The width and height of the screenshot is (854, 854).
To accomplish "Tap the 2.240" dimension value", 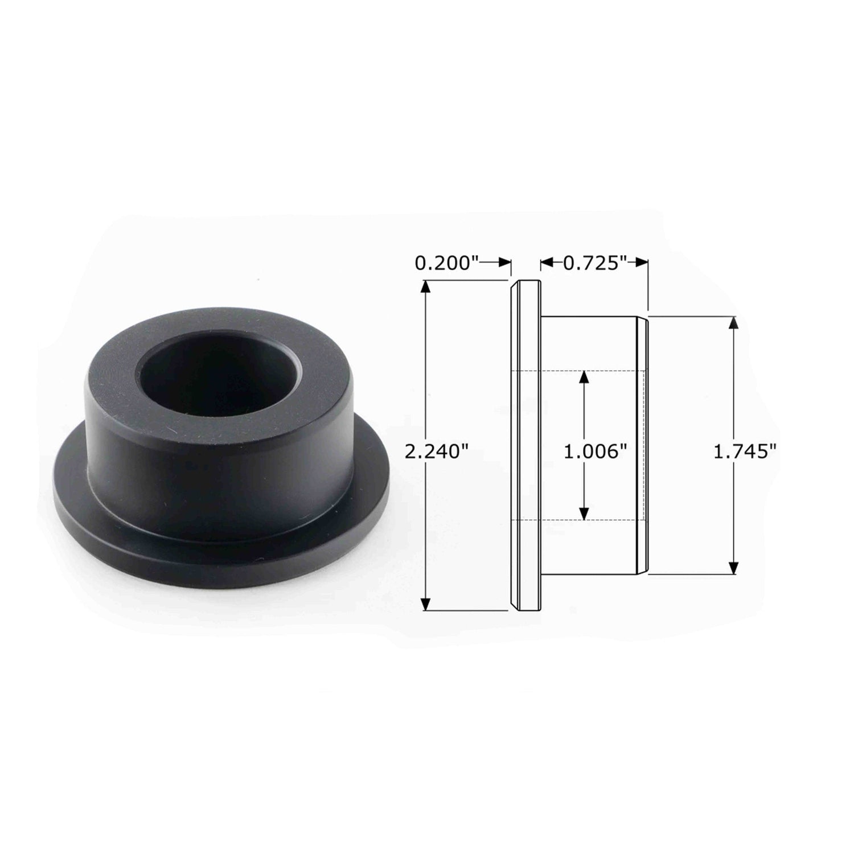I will pyautogui.click(x=436, y=452).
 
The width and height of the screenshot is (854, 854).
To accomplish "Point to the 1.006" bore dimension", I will pyautogui.click(x=595, y=452).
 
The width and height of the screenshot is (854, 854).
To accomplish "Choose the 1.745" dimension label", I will pyautogui.click(x=745, y=452).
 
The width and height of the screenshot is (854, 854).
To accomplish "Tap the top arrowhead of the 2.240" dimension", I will pyautogui.click(x=425, y=286).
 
